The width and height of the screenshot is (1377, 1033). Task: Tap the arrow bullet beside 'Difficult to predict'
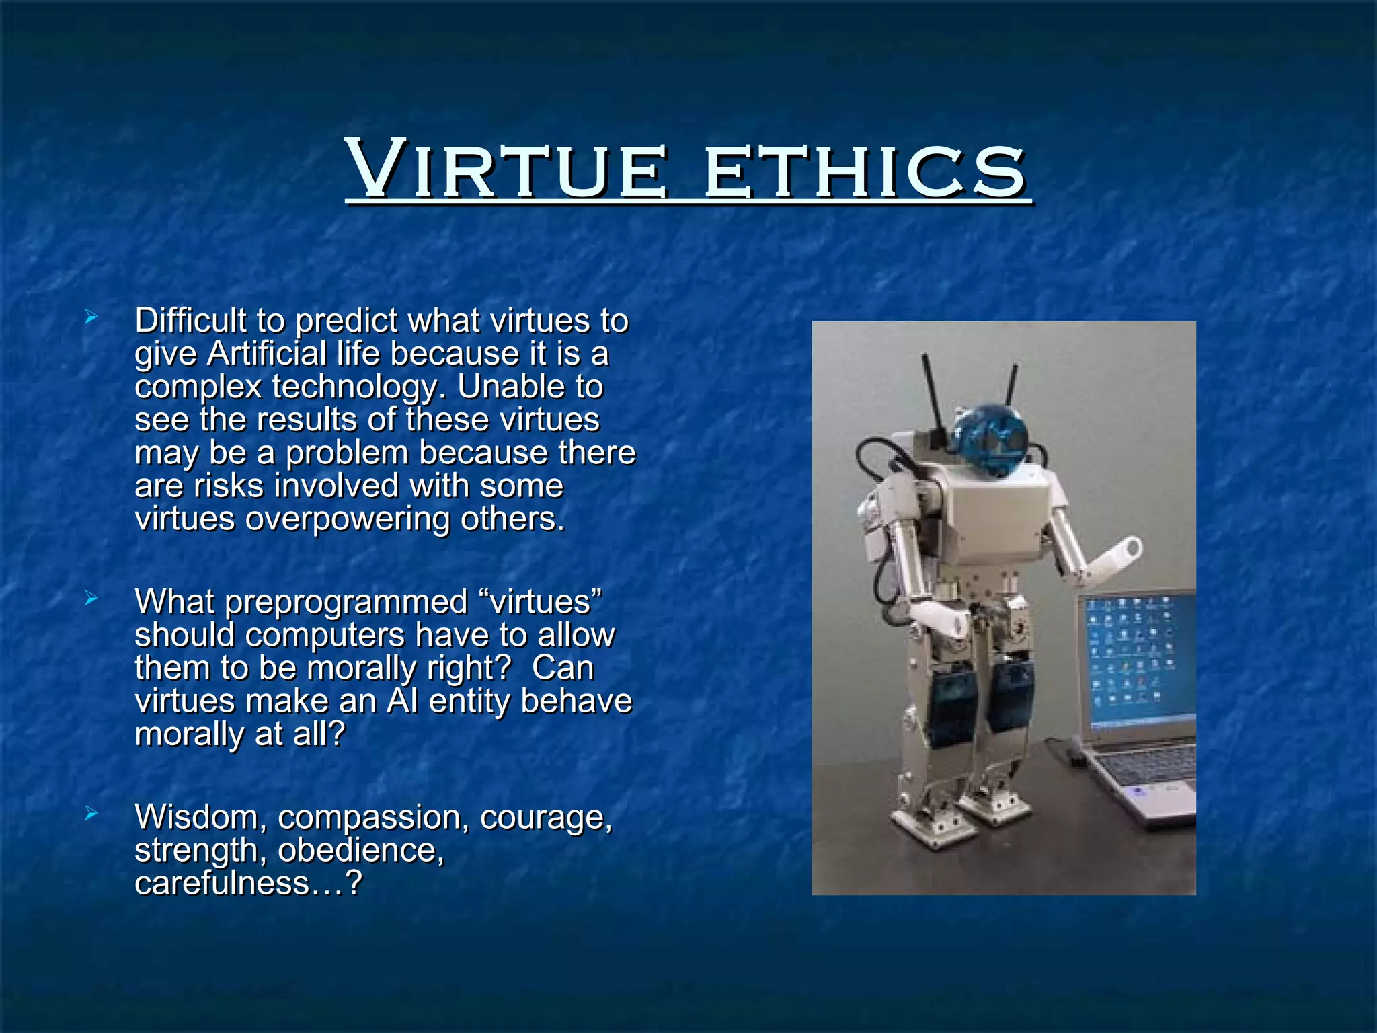(92, 316)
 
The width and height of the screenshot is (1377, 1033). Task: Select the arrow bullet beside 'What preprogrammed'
(92, 597)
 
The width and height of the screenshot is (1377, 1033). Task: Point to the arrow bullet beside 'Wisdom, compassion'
(92, 814)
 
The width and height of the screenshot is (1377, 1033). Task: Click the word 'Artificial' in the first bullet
(266, 354)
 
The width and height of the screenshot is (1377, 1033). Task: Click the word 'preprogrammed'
(346, 602)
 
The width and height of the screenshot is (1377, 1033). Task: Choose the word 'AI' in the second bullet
(402, 701)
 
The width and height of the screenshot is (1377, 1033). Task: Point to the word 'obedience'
(360, 851)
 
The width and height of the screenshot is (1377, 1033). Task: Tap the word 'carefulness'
(221, 883)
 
